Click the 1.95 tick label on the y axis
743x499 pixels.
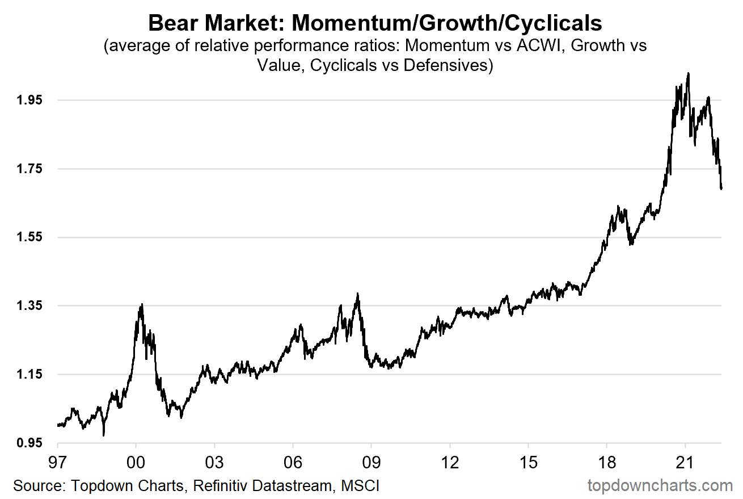click(29, 100)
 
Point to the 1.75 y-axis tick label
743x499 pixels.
click(29, 169)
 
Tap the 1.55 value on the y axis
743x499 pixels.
click(29, 237)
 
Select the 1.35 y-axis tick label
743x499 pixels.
click(29, 306)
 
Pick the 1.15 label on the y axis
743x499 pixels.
click(29, 375)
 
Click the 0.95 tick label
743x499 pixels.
click(29, 443)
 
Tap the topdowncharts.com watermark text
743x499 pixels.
click(660, 486)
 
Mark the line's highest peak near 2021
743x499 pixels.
click(688, 73)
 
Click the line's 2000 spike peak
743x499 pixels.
click(141, 304)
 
